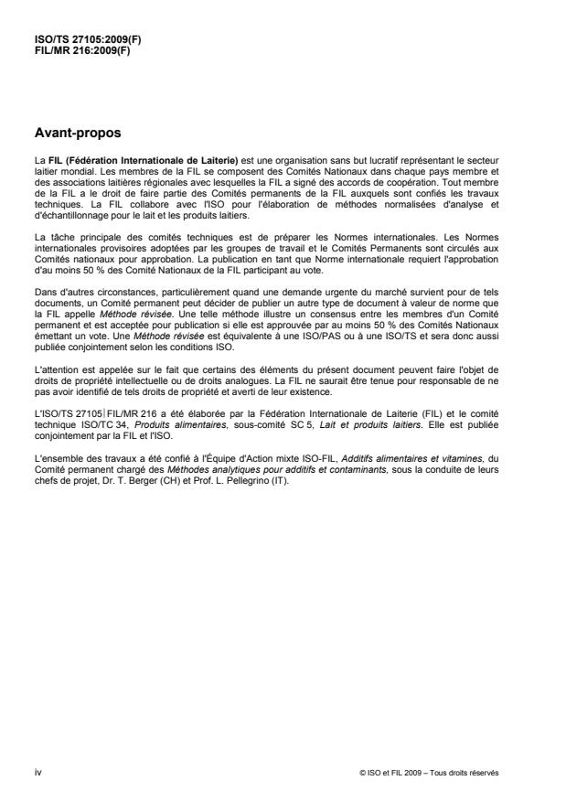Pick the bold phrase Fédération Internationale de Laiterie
point(145,161)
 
